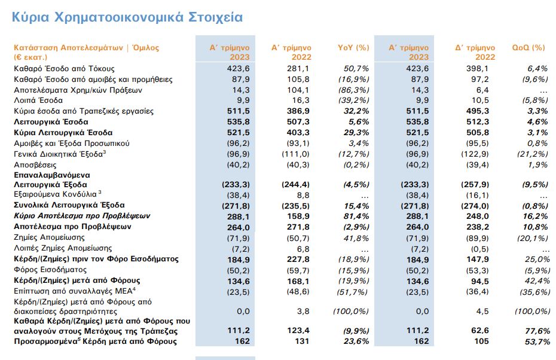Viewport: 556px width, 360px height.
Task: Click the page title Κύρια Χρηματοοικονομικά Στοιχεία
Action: [x=127, y=17]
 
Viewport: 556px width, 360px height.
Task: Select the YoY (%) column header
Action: [x=353, y=47]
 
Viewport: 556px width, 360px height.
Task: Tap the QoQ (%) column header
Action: [x=528, y=47]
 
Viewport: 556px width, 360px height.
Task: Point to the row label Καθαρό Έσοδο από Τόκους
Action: [x=64, y=69]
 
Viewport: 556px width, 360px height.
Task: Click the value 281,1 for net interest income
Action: [x=297, y=69]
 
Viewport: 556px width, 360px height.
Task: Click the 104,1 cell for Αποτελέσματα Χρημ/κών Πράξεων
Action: [x=297, y=90]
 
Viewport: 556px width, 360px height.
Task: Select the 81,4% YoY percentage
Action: [x=358, y=216]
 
